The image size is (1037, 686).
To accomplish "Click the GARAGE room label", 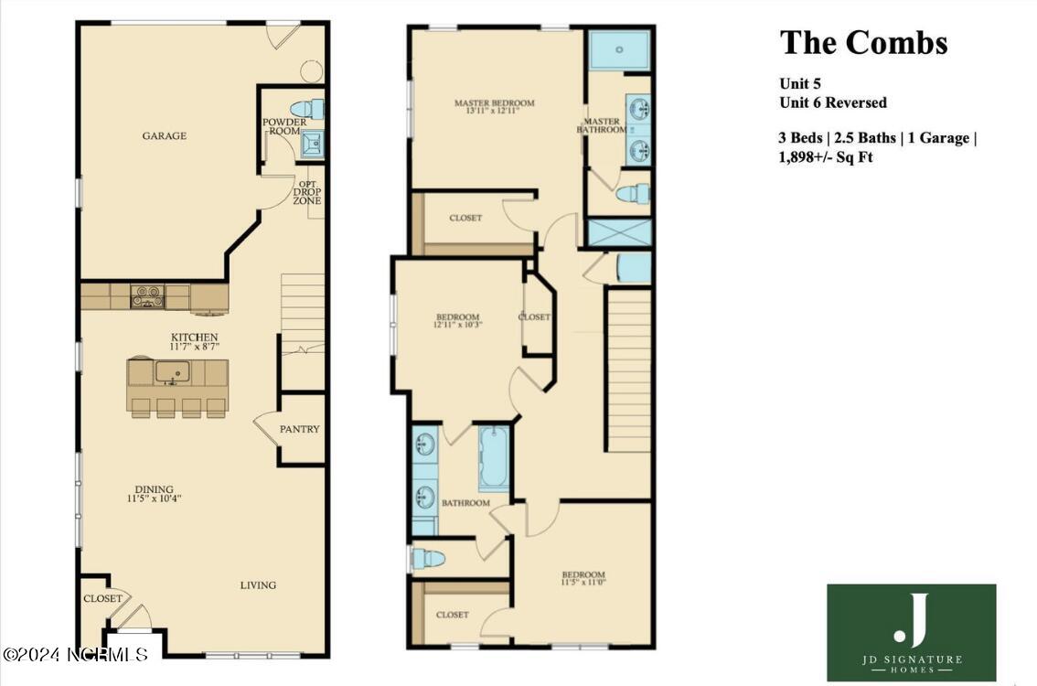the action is click(164, 135).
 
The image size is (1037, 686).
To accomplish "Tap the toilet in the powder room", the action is click(307, 109).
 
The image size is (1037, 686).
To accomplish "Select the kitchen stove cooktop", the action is click(147, 295).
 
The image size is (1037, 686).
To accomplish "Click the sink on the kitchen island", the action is click(173, 371).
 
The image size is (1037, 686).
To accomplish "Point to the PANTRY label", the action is click(300, 429).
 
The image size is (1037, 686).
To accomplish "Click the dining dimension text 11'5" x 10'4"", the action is click(155, 498).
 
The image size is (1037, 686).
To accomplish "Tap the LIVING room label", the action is click(258, 584).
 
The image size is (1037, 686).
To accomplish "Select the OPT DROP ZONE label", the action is click(307, 192).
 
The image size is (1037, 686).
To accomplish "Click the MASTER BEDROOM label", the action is click(495, 102).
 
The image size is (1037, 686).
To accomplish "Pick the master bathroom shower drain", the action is click(620, 49).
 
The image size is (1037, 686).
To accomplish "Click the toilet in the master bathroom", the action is click(633, 194).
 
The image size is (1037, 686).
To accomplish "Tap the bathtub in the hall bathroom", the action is click(494, 458).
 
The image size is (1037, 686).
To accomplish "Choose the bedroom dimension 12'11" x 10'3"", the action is click(457, 325).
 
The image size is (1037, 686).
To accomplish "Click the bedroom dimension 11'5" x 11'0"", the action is click(583, 583).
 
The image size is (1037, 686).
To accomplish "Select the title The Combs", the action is click(864, 42).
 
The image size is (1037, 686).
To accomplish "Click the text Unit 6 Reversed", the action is click(833, 102).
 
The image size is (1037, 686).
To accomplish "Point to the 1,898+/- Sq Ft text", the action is click(826, 156).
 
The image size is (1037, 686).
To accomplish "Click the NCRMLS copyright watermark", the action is click(75, 655).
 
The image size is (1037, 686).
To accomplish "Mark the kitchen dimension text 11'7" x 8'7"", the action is click(195, 346).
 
